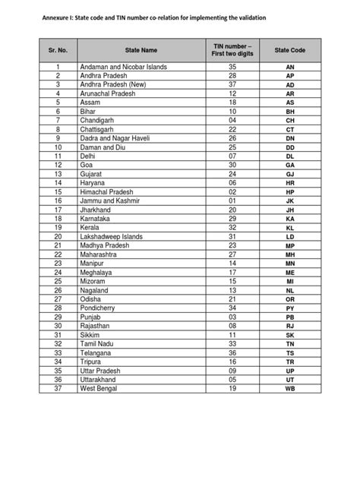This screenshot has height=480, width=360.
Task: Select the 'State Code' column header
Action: [x=289, y=50]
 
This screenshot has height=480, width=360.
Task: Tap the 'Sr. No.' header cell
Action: [x=57, y=50]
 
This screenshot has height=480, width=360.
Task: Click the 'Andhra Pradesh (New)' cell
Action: [x=114, y=85]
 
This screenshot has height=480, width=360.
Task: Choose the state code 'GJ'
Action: [x=289, y=174]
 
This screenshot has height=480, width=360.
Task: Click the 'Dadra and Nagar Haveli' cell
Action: [x=116, y=138]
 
